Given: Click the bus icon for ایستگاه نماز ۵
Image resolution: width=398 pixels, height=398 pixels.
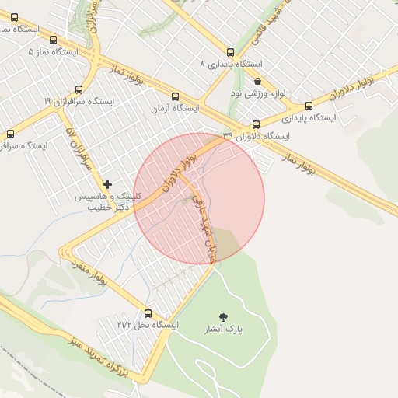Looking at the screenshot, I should click(x=53, y=40).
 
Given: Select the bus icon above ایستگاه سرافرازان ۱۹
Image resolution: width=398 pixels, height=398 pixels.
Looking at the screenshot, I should click(x=79, y=89).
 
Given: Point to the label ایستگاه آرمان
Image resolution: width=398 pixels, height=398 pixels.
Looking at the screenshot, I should click(x=176, y=109).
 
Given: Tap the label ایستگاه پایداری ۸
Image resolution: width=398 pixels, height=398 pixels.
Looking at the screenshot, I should click(x=232, y=64).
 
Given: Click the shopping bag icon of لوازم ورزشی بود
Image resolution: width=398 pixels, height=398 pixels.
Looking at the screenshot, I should click(x=257, y=82).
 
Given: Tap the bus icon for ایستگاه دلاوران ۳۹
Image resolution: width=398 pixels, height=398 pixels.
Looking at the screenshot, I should click(x=256, y=124).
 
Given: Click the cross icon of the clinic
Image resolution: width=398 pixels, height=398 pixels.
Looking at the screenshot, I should click(x=107, y=184).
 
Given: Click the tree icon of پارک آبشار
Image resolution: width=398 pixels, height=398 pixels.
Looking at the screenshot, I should click(x=224, y=316).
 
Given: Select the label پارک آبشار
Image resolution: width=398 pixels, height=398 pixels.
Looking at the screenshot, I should click(x=224, y=329).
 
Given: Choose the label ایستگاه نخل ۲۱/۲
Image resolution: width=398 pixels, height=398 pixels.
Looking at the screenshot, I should click(x=148, y=324).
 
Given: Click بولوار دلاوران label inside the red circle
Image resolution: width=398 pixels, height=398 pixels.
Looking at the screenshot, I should click(x=178, y=171).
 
